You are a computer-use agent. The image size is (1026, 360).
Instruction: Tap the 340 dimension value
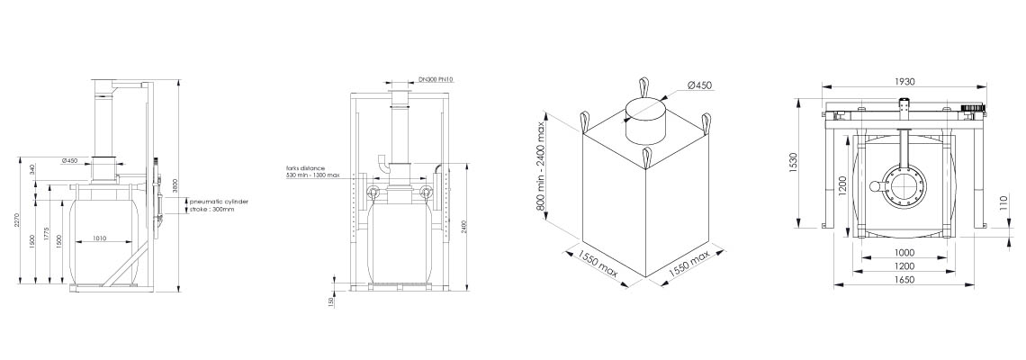click(x=33, y=168)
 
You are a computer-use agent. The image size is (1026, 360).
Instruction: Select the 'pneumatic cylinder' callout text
click(x=219, y=202)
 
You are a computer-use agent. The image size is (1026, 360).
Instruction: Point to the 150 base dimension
click(x=332, y=301)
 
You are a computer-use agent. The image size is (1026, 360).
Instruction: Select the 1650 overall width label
click(x=904, y=280)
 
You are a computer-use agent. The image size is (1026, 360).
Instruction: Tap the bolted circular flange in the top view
click(x=906, y=187)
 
